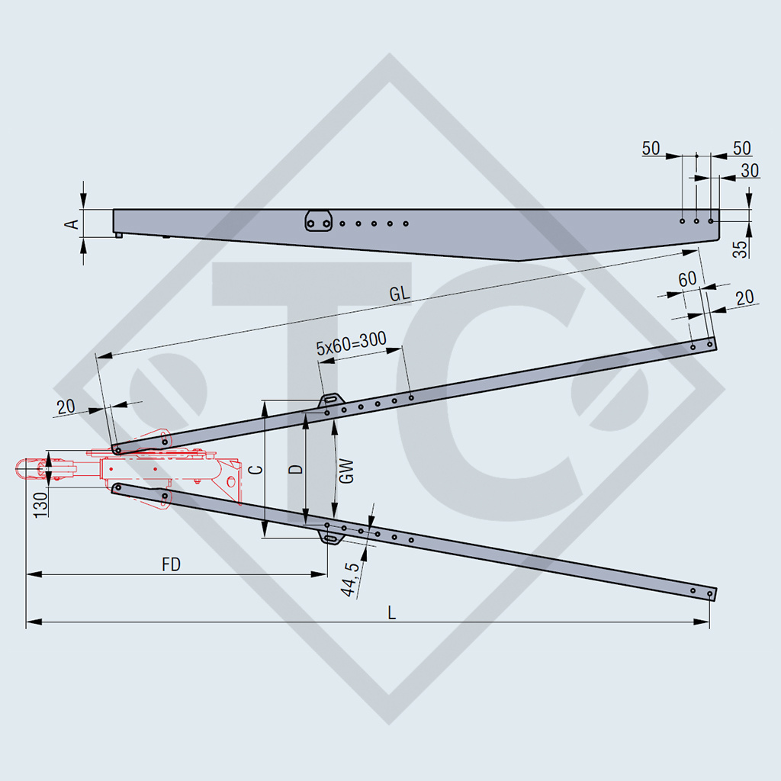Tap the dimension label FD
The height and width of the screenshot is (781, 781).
[x=172, y=564]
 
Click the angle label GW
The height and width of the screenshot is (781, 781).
[x=346, y=470]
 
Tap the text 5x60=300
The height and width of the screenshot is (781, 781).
[x=351, y=346]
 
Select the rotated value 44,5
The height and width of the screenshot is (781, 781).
[x=352, y=578]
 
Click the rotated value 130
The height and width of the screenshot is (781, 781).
[x=41, y=504]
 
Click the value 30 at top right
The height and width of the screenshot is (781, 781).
[x=750, y=171]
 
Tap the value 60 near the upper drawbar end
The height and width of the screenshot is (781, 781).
[x=687, y=279]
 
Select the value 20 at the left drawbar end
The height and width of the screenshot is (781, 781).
[x=66, y=406]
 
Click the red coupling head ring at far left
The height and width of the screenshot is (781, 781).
[x=27, y=468]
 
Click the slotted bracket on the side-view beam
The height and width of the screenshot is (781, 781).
[x=318, y=221]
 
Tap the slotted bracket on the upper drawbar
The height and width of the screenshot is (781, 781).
[x=331, y=400]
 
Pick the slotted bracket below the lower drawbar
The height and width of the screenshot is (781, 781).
[x=332, y=538]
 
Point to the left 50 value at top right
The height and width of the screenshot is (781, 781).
[x=651, y=149]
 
